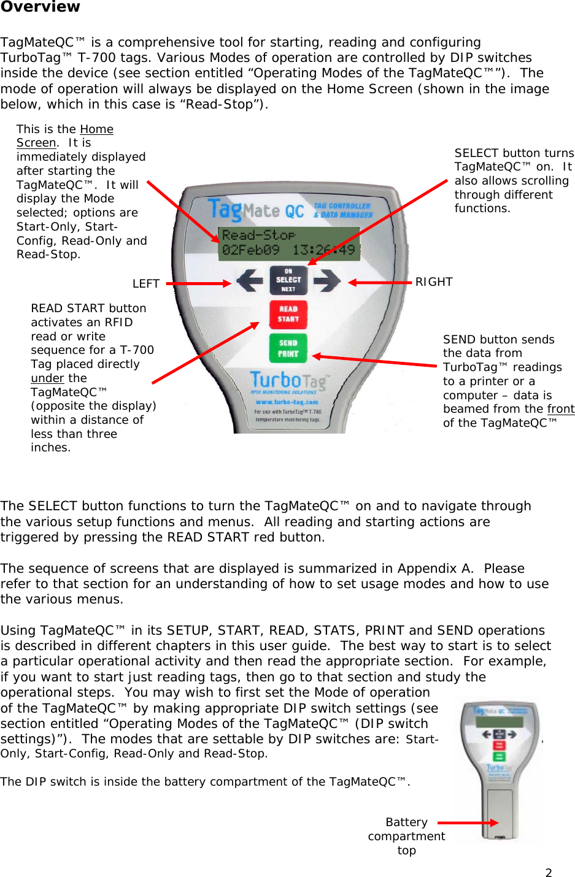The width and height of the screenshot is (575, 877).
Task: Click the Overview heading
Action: [x=40, y=7]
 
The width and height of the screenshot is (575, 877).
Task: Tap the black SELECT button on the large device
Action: [x=288, y=280]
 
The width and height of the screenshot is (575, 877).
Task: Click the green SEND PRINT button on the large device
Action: [x=288, y=348]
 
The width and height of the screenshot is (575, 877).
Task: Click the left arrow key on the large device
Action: [x=250, y=281]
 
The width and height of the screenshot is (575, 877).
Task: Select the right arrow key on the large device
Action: [x=326, y=281]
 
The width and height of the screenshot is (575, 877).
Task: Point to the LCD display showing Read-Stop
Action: [x=288, y=243]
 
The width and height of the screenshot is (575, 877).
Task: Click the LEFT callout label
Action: [x=146, y=284]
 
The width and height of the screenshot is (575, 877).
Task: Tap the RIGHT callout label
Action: [x=434, y=282]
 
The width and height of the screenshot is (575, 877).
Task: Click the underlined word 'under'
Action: [x=47, y=378]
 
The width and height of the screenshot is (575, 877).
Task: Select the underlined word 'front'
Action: [x=561, y=409]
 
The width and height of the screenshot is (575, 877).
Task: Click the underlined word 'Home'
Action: [x=97, y=129]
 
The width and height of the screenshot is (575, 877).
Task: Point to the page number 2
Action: [x=549, y=873]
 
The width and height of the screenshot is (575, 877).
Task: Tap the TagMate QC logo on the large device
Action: [x=256, y=210]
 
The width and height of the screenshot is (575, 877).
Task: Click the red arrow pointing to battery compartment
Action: [x=468, y=823]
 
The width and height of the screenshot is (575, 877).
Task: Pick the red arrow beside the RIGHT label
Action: [x=380, y=283]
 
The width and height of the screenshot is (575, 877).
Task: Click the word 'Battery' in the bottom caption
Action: [x=406, y=822]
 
